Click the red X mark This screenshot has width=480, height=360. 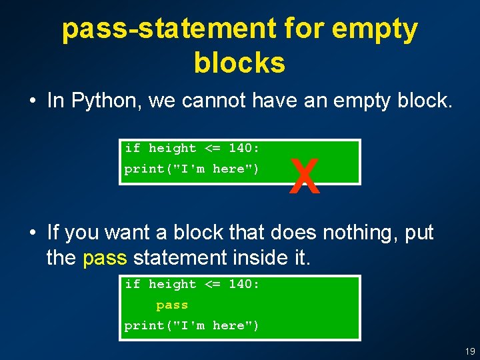(x=305, y=177)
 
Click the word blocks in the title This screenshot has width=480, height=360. (x=239, y=63)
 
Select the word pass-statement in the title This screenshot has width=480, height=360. (x=169, y=29)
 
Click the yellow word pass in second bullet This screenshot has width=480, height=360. (x=105, y=257)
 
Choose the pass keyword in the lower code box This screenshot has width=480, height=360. (x=172, y=305)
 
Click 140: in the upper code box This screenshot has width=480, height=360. (x=244, y=148)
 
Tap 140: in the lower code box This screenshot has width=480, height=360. (x=244, y=284)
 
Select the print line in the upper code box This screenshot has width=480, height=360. (x=191, y=169)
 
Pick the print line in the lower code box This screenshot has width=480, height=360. (x=191, y=325)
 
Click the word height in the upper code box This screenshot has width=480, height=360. (x=172, y=148)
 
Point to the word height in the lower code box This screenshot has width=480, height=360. (x=172, y=284)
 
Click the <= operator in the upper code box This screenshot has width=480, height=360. (x=212, y=148)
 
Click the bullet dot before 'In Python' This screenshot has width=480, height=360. (x=32, y=101)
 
